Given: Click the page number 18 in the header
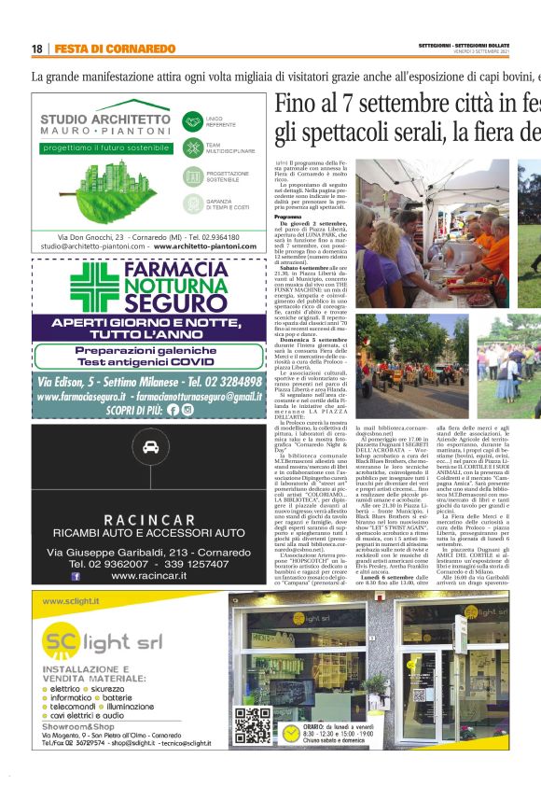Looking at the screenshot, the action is point(37,49).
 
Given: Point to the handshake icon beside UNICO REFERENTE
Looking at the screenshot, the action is point(193,120).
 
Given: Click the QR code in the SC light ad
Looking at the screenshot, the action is point(247,725).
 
